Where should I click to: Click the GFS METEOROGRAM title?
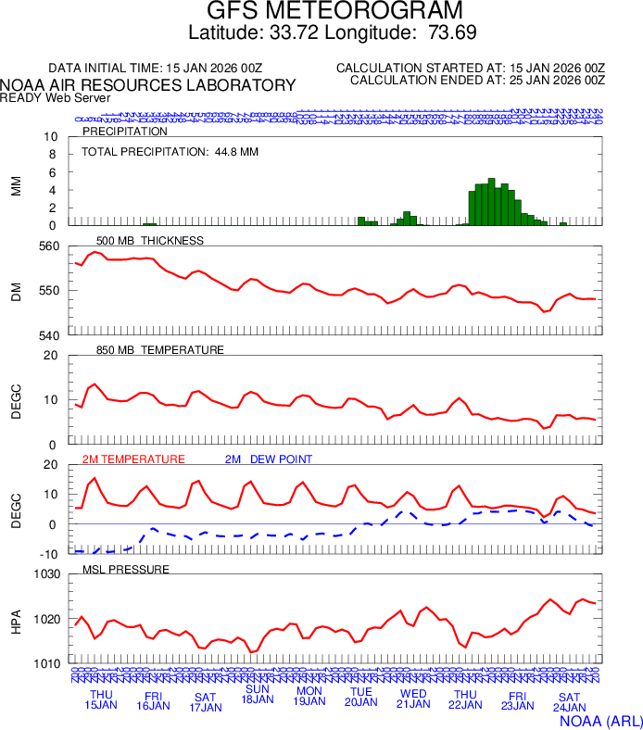click(334, 11)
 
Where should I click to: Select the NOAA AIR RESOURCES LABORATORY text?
click(148, 85)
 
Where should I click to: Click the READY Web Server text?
click(56, 97)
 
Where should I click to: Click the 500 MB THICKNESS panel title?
click(149, 241)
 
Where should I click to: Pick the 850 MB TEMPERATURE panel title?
click(159, 350)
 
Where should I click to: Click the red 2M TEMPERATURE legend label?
click(133, 459)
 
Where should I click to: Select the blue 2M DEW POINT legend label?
click(269, 459)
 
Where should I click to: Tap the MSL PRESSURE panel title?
click(126, 569)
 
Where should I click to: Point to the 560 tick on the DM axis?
click(50, 246)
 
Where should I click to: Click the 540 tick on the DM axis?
click(50, 334)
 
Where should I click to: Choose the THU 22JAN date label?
click(465, 699)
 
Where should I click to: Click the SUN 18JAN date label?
click(257, 694)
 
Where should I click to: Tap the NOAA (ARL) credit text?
click(600, 719)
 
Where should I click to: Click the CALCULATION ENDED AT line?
click(477, 81)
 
